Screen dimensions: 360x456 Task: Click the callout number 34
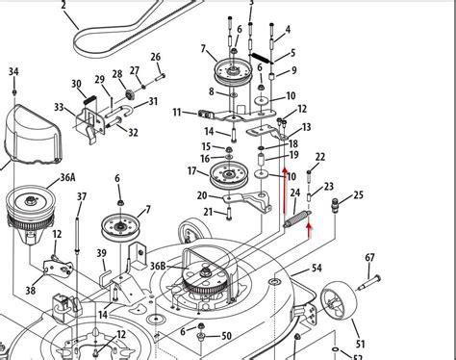[13, 72]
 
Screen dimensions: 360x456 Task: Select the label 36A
[40, 177]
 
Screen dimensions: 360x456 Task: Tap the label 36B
[157, 265]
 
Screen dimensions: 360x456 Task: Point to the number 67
[369, 257]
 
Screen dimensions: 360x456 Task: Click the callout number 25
[359, 195]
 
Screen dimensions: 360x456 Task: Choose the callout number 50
[226, 336]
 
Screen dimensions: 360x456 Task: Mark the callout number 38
[31, 289]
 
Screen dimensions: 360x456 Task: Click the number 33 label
[58, 108]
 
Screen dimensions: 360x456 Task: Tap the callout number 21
[208, 211]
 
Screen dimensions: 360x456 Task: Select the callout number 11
[177, 114]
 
